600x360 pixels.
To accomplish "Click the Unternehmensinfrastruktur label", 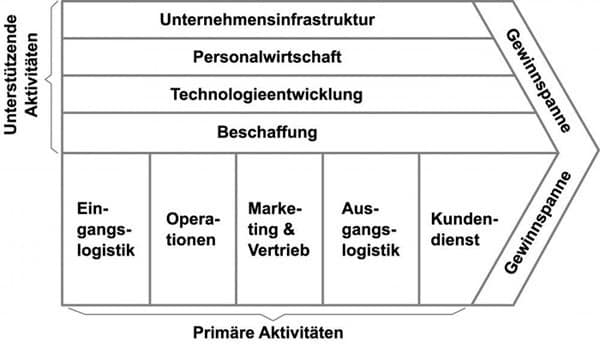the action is pyautogui.click(x=265, y=19).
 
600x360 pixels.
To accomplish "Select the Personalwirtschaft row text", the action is pyautogui.click(x=265, y=57).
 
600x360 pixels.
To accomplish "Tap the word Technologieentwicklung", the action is pyautogui.click(x=265, y=95).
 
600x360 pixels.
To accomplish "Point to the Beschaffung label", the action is pyautogui.click(x=265, y=132).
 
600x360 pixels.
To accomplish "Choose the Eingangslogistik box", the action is pyautogui.click(x=105, y=229).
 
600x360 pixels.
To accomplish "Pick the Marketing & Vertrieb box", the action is pyautogui.click(x=279, y=229).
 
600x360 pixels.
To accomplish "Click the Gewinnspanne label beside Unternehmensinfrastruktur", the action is pyautogui.click(x=532, y=75).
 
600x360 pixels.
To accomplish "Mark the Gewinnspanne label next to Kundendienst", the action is pyautogui.click(x=536, y=226).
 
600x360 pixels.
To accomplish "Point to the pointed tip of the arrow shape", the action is pyautogui.click(x=596, y=153).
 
